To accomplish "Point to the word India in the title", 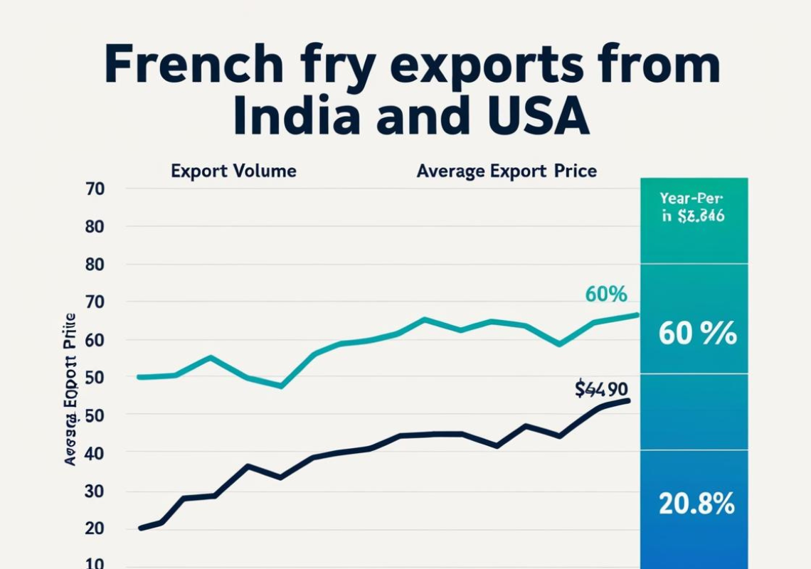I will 296,118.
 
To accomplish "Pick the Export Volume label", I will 233,171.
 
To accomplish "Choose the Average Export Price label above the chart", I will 507,171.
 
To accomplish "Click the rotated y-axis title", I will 70,389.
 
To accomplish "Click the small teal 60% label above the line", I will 605,294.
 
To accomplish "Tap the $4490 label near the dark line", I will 601,389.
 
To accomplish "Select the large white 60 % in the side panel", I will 696,333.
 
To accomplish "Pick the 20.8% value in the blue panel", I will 696,504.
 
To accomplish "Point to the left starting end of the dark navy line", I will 140,528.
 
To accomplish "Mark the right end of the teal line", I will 637,314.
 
